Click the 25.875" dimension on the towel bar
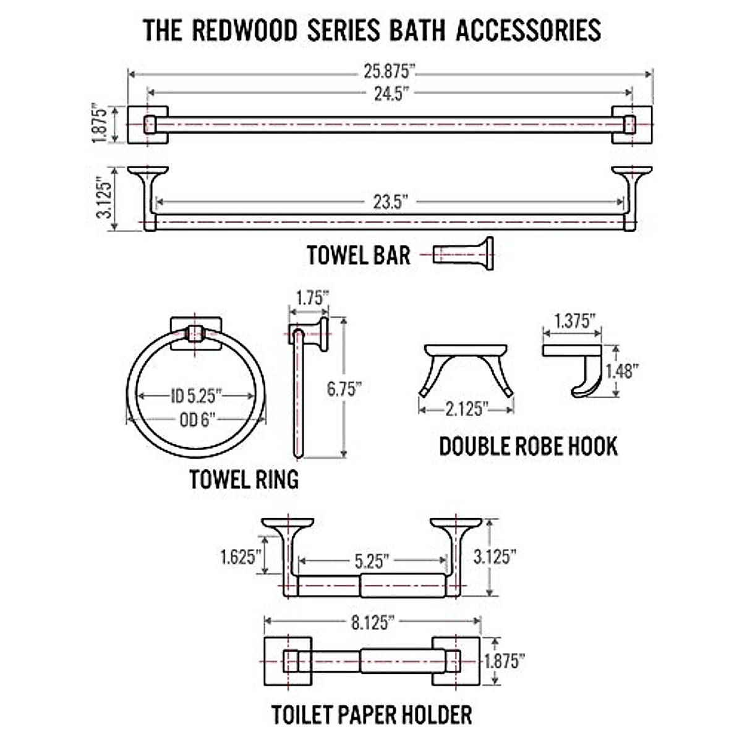[x=390, y=72]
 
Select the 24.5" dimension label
[x=391, y=93]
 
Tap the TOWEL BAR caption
[x=359, y=254]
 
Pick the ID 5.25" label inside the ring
[x=196, y=396]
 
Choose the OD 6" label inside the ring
[x=197, y=420]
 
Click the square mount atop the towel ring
[x=195, y=333]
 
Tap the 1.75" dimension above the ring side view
[x=310, y=298]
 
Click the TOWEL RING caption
[x=244, y=479]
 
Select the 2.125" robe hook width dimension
[x=467, y=409]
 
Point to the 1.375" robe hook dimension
[x=574, y=320]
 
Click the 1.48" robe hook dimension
[x=621, y=370]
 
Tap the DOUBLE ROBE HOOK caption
[x=528, y=446]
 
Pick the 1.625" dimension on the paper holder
[x=238, y=556]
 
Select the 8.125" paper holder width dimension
[x=373, y=622]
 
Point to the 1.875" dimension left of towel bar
[x=101, y=124]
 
